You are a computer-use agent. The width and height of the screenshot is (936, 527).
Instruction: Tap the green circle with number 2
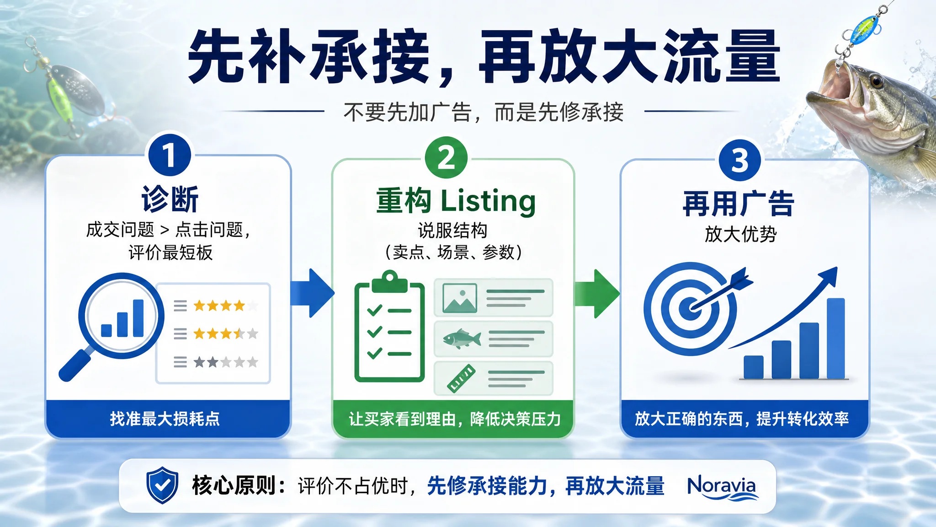point(446,158)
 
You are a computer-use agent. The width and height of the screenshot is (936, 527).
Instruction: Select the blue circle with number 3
point(739,161)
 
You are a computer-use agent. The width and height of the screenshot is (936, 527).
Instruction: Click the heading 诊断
point(170,199)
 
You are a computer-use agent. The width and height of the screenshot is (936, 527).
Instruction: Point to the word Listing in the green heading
point(488,201)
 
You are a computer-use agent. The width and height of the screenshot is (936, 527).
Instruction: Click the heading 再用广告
point(739,204)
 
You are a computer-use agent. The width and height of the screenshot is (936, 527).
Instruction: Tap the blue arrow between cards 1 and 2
point(313,293)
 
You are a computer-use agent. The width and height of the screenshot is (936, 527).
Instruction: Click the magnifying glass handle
point(75,364)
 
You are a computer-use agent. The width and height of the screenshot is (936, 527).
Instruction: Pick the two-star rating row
point(216,363)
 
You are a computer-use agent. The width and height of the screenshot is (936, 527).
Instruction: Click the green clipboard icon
point(389,326)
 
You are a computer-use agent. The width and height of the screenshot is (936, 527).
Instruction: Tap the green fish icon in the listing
point(462,339)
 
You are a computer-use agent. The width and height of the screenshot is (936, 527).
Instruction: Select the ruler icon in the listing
point(461,379)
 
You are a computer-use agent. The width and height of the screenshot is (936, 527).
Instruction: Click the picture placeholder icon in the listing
point(460,298)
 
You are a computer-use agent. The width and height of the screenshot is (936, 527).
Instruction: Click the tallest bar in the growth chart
point(835,339)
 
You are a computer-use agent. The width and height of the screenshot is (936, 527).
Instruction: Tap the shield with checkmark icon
point(162,485)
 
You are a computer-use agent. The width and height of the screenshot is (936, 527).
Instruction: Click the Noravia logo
point(722,487)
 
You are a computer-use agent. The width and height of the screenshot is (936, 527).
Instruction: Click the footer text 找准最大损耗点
point(165,419)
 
